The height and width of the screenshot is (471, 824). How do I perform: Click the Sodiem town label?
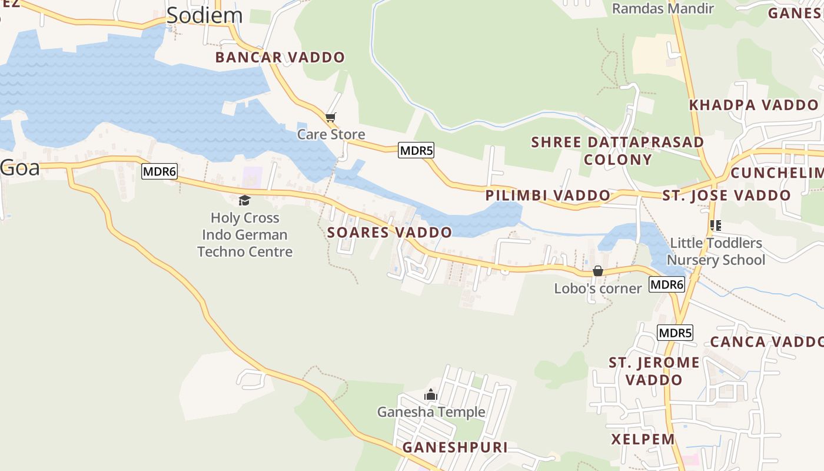tap(204, 15)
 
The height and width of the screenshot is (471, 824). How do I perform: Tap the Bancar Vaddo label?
tap(280, 57)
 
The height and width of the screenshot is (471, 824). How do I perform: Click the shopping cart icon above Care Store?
tap(330, 117)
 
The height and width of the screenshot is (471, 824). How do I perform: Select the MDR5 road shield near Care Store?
tap(416, 150)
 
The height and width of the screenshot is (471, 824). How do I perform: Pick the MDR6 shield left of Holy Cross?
tap(160, 171)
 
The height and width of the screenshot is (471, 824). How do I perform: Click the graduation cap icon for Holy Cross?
tap(244, 201)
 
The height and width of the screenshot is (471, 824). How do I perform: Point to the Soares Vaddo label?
tap(389, 232)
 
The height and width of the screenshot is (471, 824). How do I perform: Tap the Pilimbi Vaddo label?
tap(547, 195)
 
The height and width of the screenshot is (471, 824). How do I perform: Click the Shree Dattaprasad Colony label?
tap(617, 151)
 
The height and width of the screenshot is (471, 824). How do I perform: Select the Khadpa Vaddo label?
tap(753, 105)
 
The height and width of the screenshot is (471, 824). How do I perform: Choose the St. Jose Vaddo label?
tap(726, 195)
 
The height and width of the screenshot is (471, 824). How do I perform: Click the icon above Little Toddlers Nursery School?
tap(716, 225)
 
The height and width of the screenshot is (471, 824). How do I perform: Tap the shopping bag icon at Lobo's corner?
tap(597, 271)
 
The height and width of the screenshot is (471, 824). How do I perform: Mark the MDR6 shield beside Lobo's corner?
tap(667, 284)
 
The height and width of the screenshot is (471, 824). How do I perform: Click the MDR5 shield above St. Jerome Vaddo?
tap(675, 333)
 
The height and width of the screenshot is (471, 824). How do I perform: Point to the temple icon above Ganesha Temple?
tap(431, 394)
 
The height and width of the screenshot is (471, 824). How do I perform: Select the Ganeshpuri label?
tap(455, 447)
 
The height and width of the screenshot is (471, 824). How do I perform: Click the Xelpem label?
tap(643, 439)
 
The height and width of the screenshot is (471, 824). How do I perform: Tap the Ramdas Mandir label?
tap(663, 8)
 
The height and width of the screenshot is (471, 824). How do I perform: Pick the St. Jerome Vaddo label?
tap(654, 371)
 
